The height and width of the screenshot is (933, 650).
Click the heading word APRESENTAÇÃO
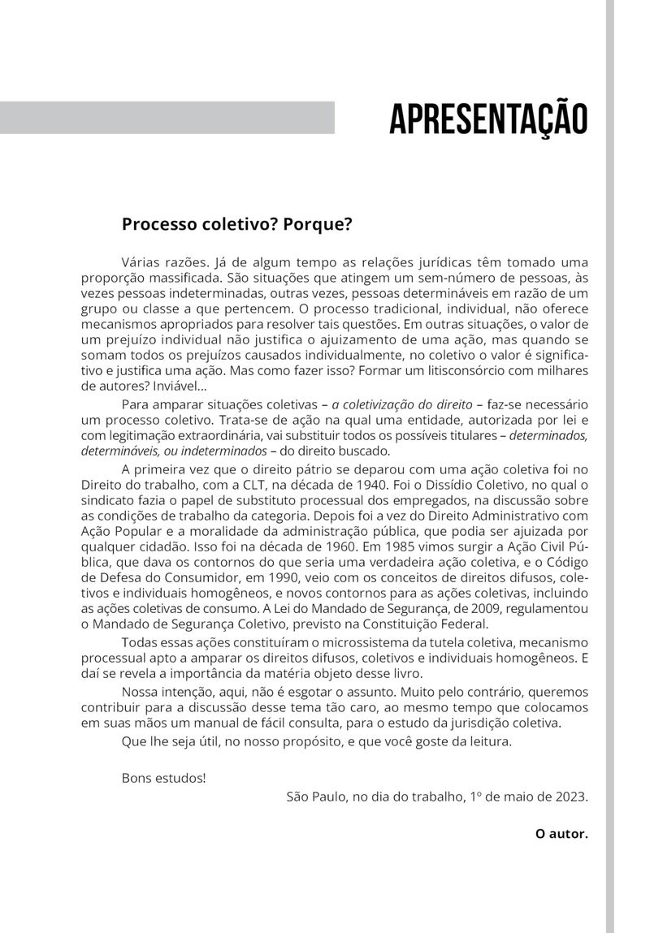(x=487, y=119)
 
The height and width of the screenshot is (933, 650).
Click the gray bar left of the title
(x=167, y=118)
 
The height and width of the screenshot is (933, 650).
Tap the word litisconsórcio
(x=470, y=371)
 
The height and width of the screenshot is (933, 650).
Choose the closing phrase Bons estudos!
(x=163, y=778)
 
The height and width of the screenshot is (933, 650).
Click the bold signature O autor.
(x=561, y=833)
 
